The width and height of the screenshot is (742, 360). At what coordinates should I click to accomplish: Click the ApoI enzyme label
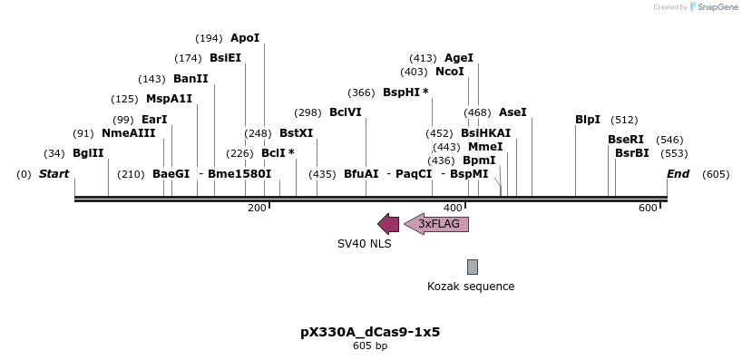[x=245, y=38]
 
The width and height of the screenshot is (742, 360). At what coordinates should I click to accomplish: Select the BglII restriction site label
[x=88, y=152]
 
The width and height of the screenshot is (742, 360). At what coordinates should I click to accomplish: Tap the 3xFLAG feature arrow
[x=437, y=224]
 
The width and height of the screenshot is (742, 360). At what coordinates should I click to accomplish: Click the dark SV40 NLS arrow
[x=388, y=224]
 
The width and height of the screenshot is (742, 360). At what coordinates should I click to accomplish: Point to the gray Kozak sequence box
[x=473, y=267]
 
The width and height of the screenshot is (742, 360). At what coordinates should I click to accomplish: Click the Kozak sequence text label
[x=471, y=287]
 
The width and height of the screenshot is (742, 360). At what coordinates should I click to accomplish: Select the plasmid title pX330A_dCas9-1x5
[x=370, y=332]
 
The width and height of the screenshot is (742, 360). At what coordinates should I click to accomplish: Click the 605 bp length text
[x=370, y=345]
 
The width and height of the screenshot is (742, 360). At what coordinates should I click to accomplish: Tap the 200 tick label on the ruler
[x=257, y=209]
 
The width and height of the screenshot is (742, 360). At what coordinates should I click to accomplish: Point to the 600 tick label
[x=648, y=209]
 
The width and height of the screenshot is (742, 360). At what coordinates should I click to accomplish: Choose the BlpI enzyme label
[x=588, y=119]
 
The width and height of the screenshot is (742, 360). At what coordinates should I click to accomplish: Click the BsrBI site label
[x=632, y=152]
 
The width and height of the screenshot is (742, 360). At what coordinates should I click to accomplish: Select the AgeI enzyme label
[x=459, y=58]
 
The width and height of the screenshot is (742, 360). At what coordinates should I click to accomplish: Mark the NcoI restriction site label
[x=450, y=72]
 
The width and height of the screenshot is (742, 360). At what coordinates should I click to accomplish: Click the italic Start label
[x=54, y=173]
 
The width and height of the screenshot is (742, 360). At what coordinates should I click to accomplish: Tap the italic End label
[x=679, y=173]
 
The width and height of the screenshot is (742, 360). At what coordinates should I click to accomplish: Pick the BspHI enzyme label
[x=400, y=92]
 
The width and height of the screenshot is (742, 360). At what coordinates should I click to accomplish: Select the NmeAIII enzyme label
[x=128, y=132]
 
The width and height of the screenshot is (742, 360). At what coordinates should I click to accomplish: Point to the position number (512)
[x=624, y=119]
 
